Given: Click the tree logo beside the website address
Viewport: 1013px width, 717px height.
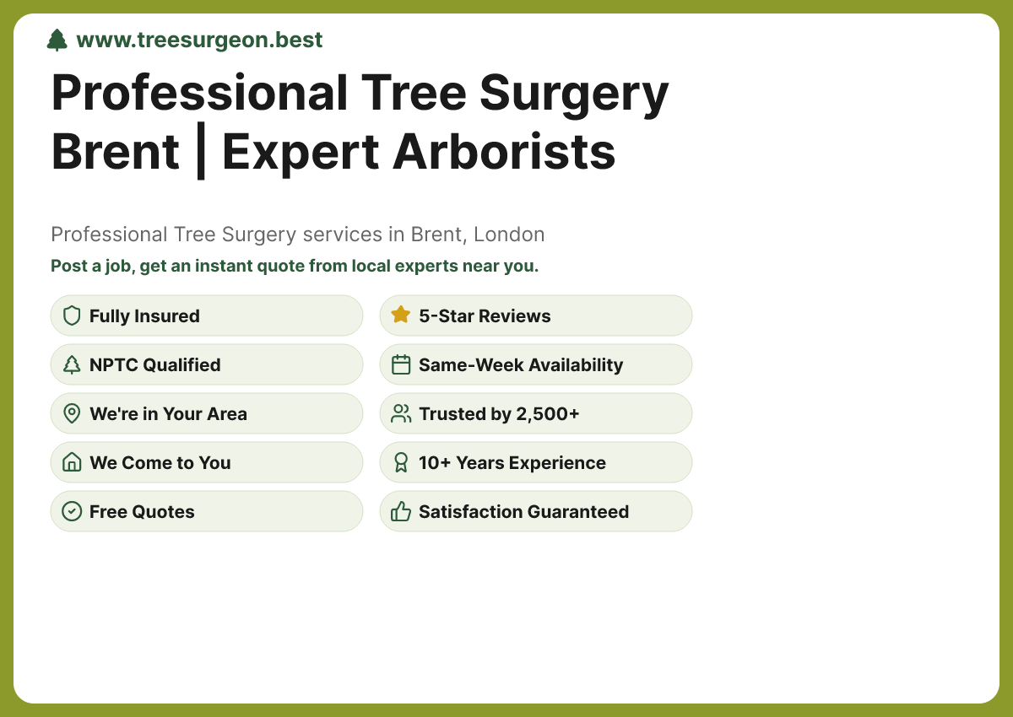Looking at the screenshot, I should [57, 40].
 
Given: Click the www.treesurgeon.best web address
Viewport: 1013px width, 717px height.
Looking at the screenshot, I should [199, 40].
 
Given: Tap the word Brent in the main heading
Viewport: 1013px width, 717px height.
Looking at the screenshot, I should [116, 152].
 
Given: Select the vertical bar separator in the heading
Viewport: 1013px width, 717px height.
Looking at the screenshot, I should [201, 152].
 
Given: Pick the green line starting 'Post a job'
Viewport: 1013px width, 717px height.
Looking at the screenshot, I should [295, 266].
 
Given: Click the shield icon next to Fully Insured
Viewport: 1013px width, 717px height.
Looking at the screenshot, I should [72, 316].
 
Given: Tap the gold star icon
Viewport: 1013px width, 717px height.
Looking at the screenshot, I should [401, 315].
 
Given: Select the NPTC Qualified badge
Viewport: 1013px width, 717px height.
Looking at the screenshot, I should [207, 365].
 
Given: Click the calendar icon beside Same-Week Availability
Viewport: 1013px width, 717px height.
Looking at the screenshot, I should [401, 364].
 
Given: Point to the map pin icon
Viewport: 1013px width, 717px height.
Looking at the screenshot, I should [72, 414].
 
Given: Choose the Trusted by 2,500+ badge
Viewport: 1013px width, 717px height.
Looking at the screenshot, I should [536, 414].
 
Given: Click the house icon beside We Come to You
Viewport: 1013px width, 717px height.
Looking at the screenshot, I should [72, 462].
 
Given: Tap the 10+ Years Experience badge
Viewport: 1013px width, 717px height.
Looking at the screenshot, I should [536, 463].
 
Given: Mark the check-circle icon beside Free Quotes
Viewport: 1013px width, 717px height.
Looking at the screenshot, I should [72, 511].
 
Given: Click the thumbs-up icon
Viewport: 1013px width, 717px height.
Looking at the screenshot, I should [401, 511].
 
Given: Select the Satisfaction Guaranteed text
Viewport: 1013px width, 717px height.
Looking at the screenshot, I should [523, 512].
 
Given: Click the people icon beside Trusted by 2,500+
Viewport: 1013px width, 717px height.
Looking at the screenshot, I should [401, 413].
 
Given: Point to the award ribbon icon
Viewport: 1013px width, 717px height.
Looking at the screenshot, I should [401, 462].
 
